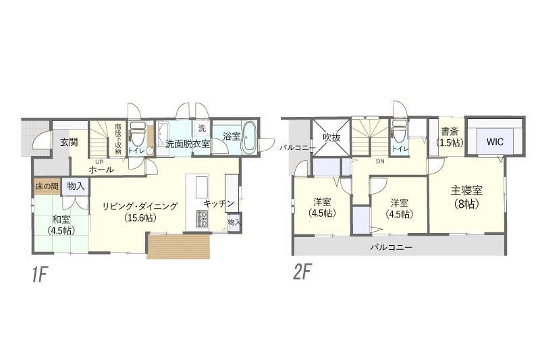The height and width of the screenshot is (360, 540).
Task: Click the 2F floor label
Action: (302, 273)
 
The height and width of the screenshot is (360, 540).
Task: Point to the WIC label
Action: (495, 142)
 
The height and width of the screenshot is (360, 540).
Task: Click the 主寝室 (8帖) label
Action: (466, 197)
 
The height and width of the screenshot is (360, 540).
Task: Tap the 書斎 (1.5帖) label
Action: (450, 137)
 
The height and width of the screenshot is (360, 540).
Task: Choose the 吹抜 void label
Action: (331, 138)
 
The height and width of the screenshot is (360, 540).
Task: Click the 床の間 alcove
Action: (47, 186)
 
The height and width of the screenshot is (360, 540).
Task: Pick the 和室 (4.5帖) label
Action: (61, 225)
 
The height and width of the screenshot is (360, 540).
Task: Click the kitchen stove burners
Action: (202, 219)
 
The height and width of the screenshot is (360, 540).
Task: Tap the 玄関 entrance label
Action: (69, 142)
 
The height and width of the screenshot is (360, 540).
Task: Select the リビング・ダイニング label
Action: (140, 206)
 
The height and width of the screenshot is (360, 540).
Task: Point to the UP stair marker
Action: (99, 161)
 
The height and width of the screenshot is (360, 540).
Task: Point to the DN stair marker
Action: (380, 161)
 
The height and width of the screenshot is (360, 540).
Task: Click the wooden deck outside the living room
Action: (178, 247)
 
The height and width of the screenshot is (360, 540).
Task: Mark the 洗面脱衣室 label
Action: (188, 144)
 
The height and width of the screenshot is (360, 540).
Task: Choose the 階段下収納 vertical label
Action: (118, 138)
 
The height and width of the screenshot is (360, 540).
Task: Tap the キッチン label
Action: (219, 203)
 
